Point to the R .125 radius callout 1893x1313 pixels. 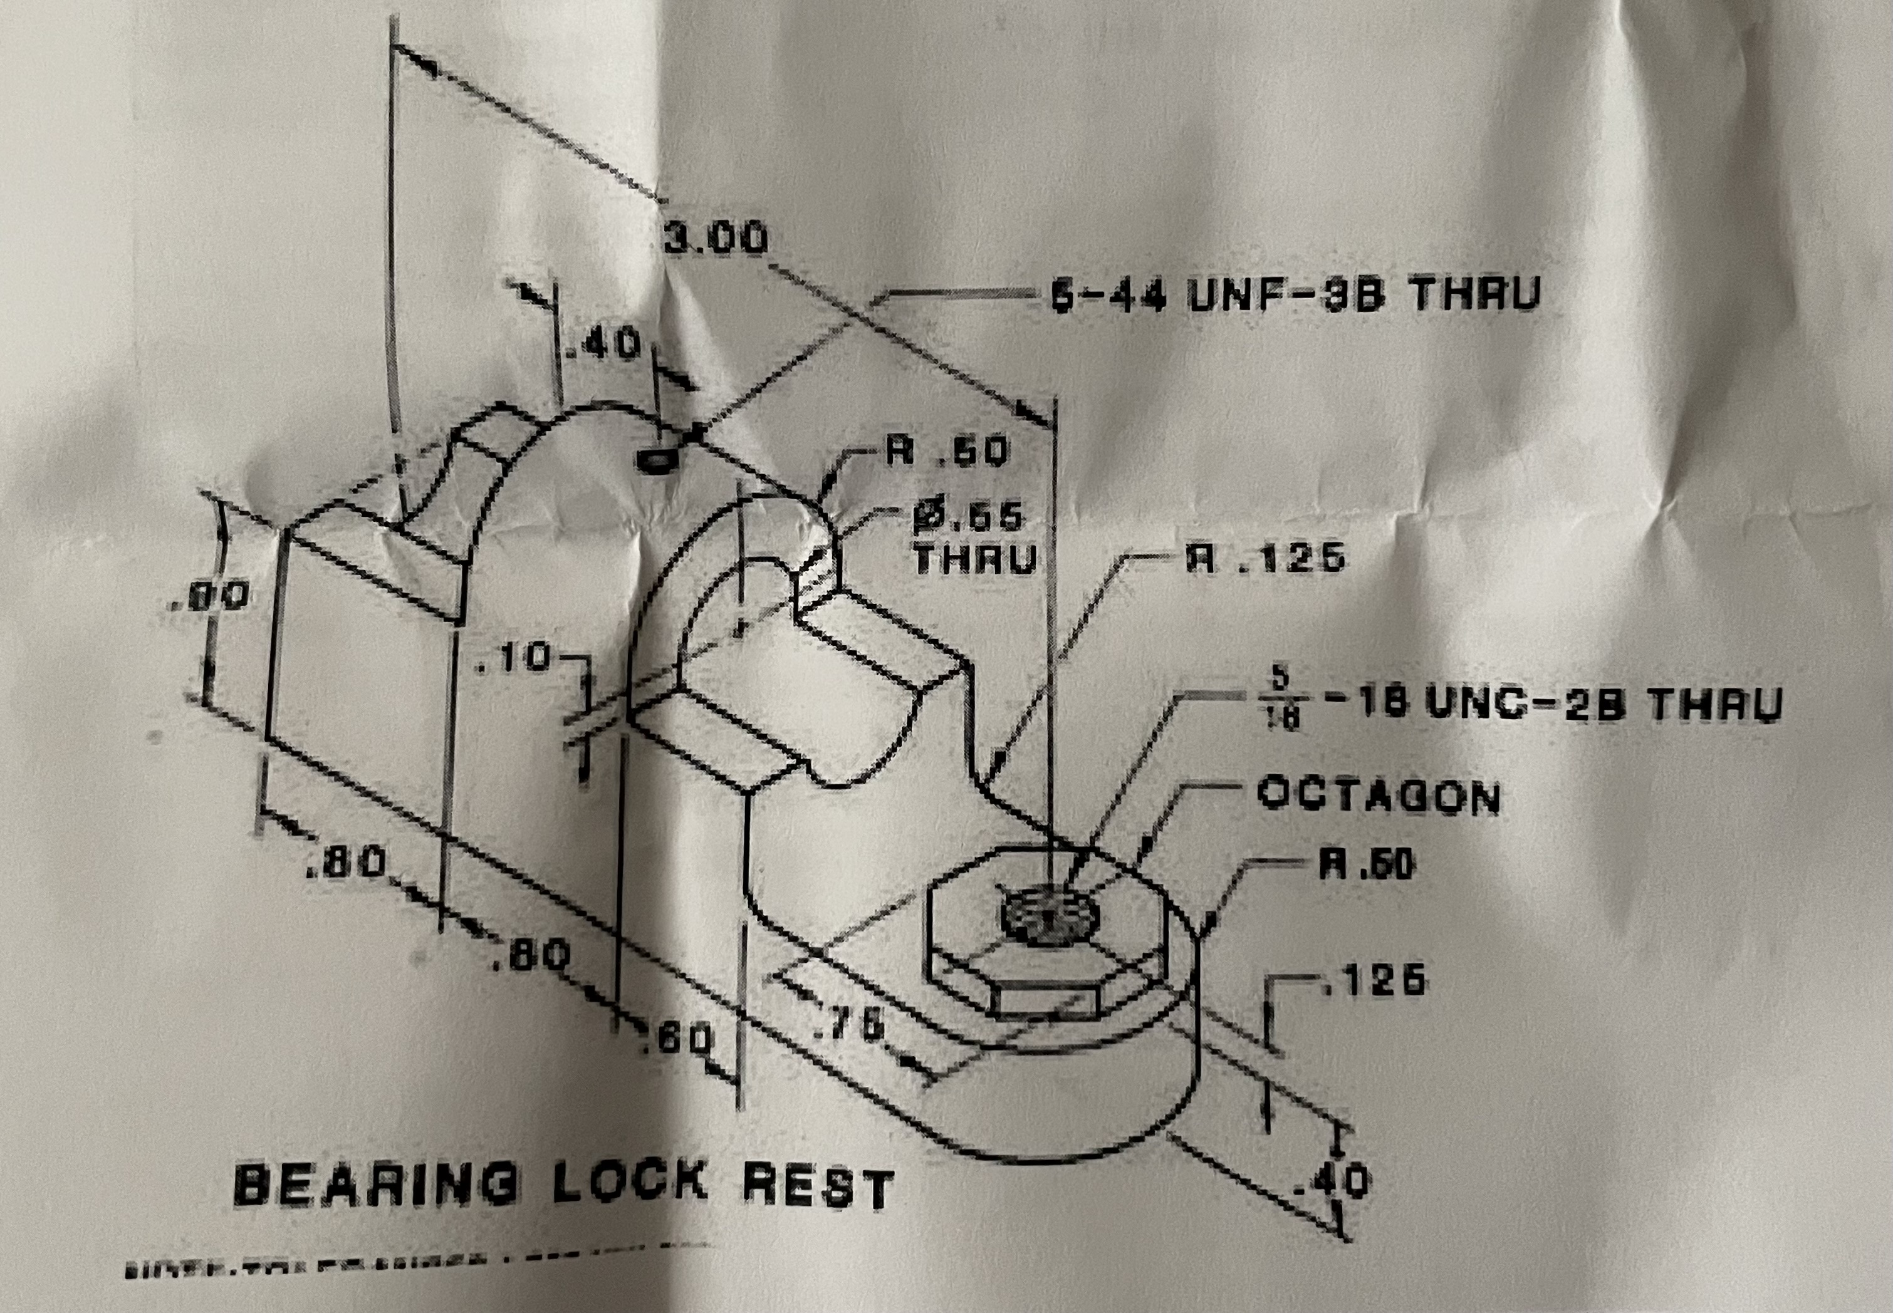pyautogui.click(x=1265, y=559)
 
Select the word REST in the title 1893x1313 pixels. pyautogui.click(x=818, y=1187)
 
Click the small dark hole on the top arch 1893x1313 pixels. pyautogui.click(x=655, y=460)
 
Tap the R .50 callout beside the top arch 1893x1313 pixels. pyautogui.click(x=946, y=452)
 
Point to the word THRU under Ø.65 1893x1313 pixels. pyautogui.click(x=975, y=559)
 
